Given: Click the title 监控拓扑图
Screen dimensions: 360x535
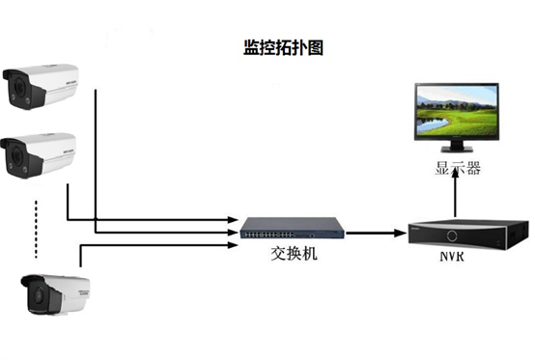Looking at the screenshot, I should pyautogui.click(x=284, y=45).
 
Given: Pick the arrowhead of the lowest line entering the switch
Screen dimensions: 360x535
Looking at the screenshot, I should pyautogui.click(x=233, y=243).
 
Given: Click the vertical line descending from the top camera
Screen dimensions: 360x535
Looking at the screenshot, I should pyautogui.click(x=96, y=154).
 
